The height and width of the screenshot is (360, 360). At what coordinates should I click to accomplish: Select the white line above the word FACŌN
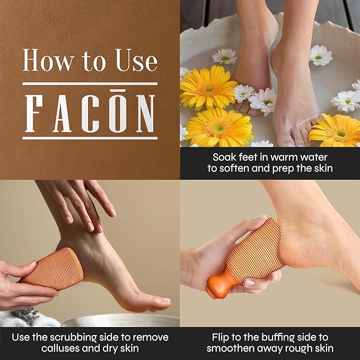pyautogui.click(x=90, y=83)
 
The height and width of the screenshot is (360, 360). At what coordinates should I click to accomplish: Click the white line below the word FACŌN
pyautogui.click(x=90, y=138)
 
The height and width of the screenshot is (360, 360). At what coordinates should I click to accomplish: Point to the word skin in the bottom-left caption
pyautogui.click(x=128, y=348)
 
